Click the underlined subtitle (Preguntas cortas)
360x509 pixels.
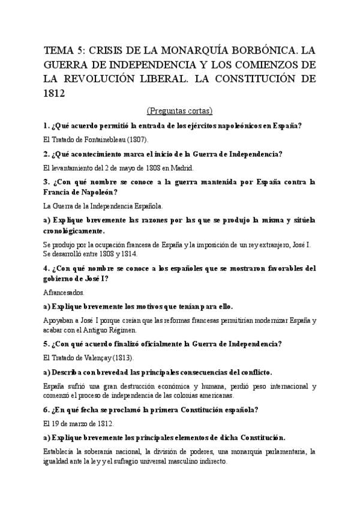coord(179,110)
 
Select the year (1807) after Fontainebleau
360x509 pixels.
coord(133,139)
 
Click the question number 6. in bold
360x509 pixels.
coord(47,409)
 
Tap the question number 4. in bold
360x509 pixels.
coord(47,268)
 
